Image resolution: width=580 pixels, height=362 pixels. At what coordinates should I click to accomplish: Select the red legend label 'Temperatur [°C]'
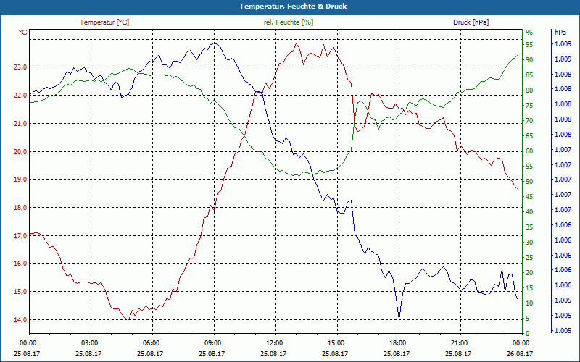pos(104,22)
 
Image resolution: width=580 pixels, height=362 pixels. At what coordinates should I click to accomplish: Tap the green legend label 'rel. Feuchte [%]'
pos(289,22)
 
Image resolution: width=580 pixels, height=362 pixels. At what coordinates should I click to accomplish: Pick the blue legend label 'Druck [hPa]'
pos(471,22)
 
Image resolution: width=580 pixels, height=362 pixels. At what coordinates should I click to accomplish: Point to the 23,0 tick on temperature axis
pos(18,67)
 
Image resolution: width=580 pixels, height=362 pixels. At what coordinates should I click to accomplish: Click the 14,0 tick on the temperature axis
pos(18,319)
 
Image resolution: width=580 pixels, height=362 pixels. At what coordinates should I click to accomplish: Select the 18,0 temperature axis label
pos(18,208)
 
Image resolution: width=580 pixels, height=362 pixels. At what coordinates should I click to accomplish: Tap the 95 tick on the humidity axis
pos(529,44)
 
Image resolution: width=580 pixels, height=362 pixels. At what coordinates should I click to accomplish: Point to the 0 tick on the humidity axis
pos(527,333)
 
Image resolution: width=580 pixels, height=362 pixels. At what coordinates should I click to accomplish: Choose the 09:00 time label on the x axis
pos(213,342)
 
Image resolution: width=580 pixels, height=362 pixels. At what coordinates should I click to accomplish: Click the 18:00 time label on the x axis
pos(397,342)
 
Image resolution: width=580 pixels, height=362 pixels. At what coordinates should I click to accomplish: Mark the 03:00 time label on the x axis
pos(90,342)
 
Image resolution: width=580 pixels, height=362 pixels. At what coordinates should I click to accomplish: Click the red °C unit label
pos(23,33)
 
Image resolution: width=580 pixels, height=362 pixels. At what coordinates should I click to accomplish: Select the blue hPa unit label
pos(560,33)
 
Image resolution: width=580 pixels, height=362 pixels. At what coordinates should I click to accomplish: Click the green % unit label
pos(529,33)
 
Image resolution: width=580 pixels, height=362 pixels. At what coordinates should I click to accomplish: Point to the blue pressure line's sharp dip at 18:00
pos(399,317)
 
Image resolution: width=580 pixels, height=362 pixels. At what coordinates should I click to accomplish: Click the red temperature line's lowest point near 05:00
pos(127,319)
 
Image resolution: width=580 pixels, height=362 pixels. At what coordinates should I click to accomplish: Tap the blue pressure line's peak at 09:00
pos(213,43)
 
